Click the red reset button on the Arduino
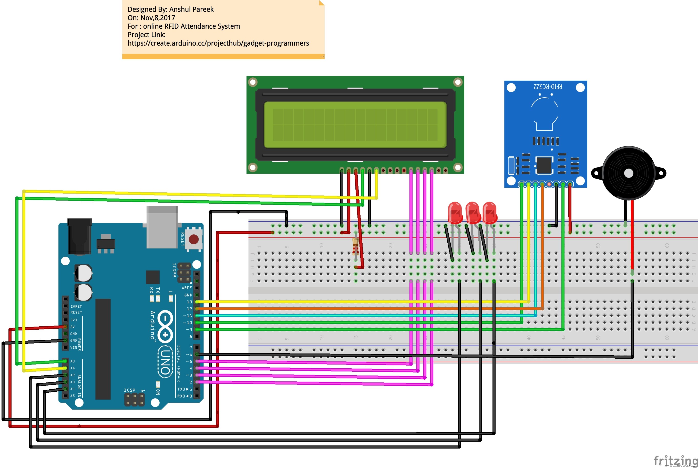coord(194,239)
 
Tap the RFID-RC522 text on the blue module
coord(548,87)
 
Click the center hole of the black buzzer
coord(629,173)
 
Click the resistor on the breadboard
coord(355,246)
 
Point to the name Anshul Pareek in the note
coord(191,9)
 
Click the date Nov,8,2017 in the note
coord(158,18)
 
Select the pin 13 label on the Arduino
coord(189,302)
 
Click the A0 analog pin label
coord(73,361)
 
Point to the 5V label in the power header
coord(73,327)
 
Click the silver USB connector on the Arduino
coord(162,227)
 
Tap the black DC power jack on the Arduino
coord(80,236)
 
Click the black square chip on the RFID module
coord(544,165)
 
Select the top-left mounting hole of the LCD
coord(253,82)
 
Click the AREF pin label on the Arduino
coord(187,288)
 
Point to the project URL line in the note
coord(218,43)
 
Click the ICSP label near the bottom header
coord(130,390)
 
